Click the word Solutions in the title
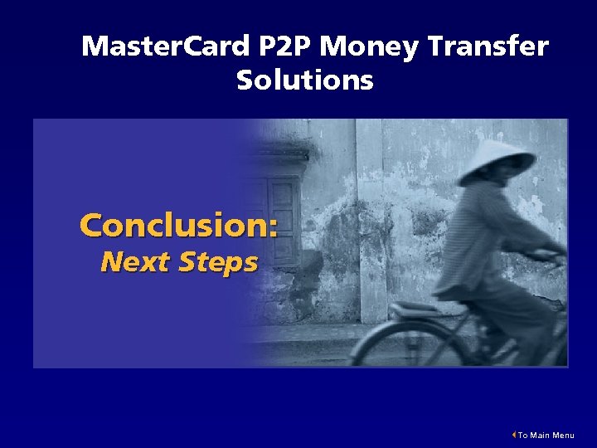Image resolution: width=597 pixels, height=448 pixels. click(304, 80)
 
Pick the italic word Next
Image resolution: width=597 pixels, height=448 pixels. click(135, 262)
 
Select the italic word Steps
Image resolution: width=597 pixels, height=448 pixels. click(218, 264)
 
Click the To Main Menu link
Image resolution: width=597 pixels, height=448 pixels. click(545, 436)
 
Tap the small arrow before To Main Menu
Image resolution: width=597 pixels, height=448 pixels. click(514, 435)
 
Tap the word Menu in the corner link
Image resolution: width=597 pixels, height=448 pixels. click(563, 436)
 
